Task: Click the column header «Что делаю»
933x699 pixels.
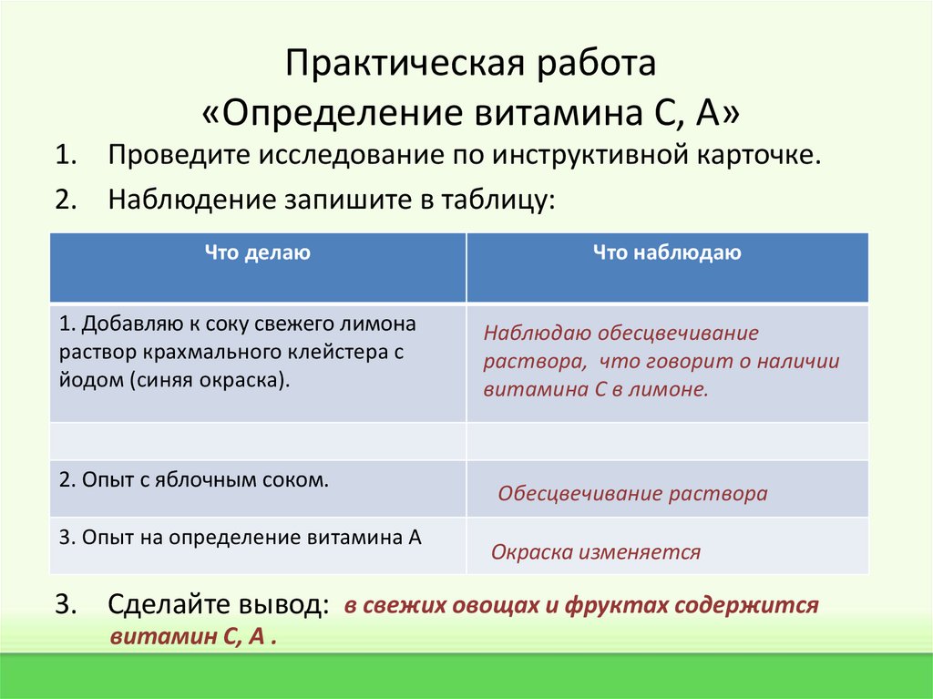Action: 258,253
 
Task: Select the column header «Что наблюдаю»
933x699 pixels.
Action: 667,253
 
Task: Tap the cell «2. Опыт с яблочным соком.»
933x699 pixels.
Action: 193,479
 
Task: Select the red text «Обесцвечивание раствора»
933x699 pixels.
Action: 632,494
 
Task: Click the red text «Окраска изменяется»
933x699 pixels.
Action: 596,552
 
